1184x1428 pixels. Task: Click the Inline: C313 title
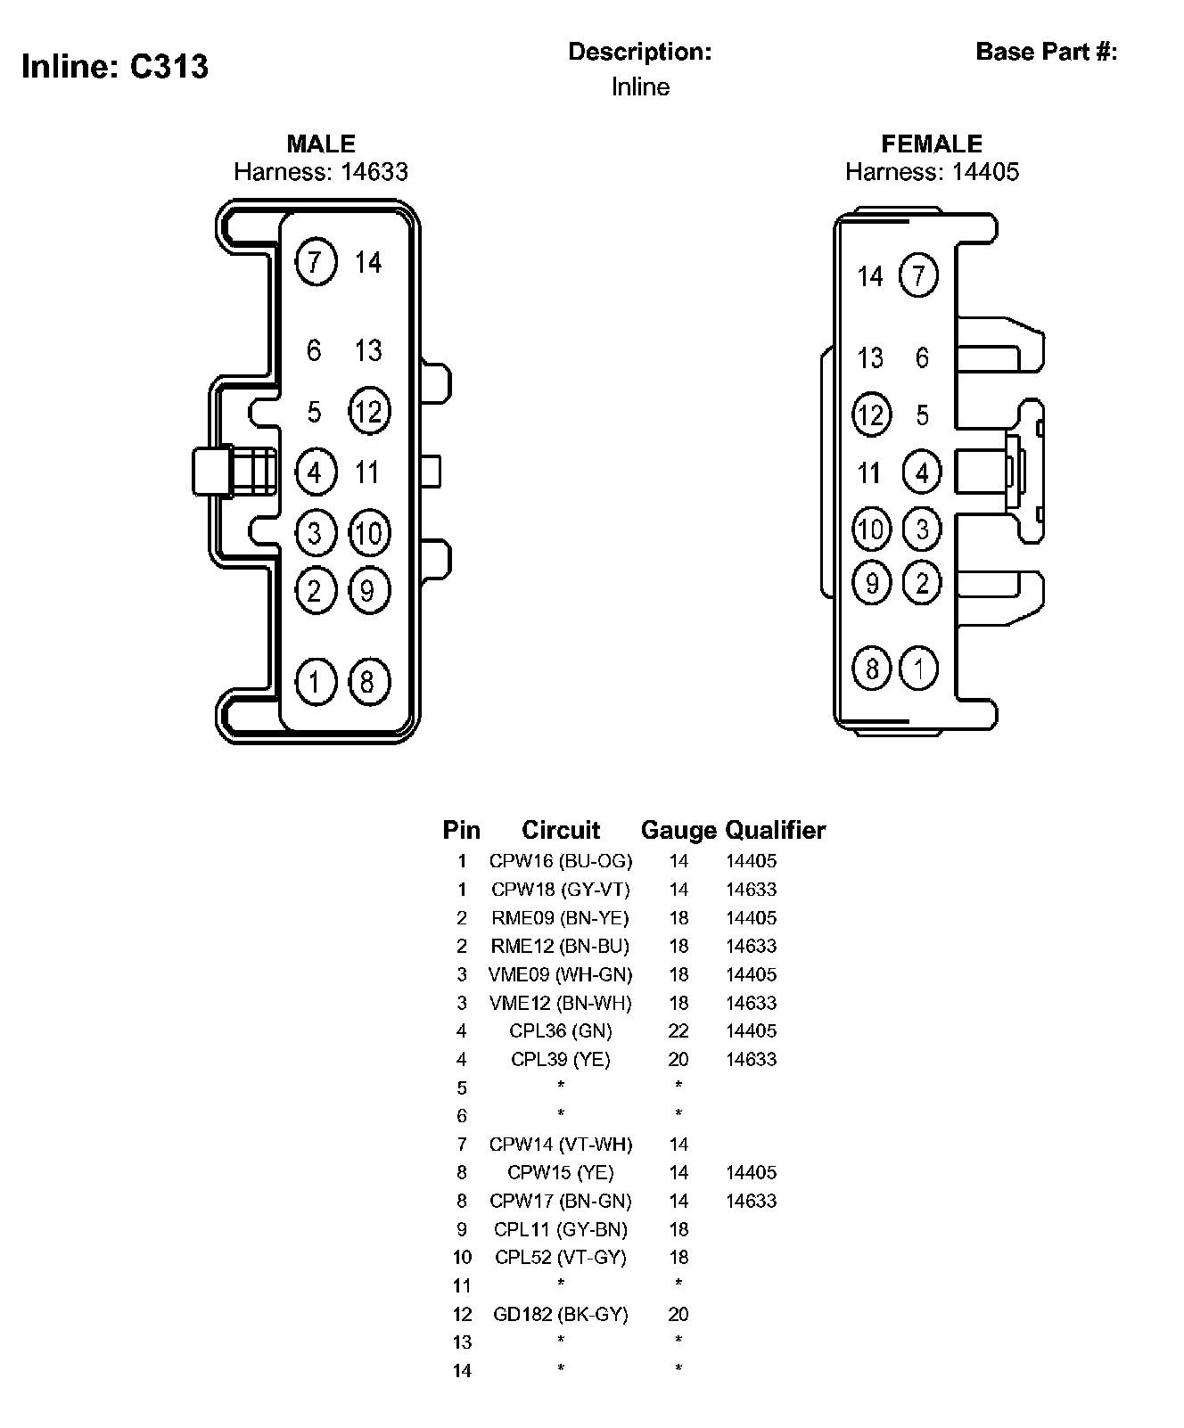(115, 67)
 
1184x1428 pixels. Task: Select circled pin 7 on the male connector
(316, 262)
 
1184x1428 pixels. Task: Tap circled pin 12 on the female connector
(871, 414)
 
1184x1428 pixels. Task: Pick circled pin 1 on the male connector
(315, 682)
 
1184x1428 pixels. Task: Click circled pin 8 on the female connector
(871, 669)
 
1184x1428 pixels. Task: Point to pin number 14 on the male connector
(368, 262)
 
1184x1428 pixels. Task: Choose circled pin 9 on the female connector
(871, 583)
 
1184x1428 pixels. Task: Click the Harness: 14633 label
(321, 171)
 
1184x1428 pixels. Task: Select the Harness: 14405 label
(932, 171)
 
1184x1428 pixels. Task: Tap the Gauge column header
(678, 831)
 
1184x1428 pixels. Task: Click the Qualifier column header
(775, 831)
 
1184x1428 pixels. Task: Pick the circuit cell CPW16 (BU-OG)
(561, 861)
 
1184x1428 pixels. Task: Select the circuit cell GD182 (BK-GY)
(561, 1314)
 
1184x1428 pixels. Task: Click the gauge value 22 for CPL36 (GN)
(678, 1031)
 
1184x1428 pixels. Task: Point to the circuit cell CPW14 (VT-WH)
(561, 1145)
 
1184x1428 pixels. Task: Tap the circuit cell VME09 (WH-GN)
(561, 974)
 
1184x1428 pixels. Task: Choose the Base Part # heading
(1047, 52)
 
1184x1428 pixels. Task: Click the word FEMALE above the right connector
(932, 144)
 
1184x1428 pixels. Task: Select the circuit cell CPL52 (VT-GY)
(561, 1258)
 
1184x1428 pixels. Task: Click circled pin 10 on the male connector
(368, 533)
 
